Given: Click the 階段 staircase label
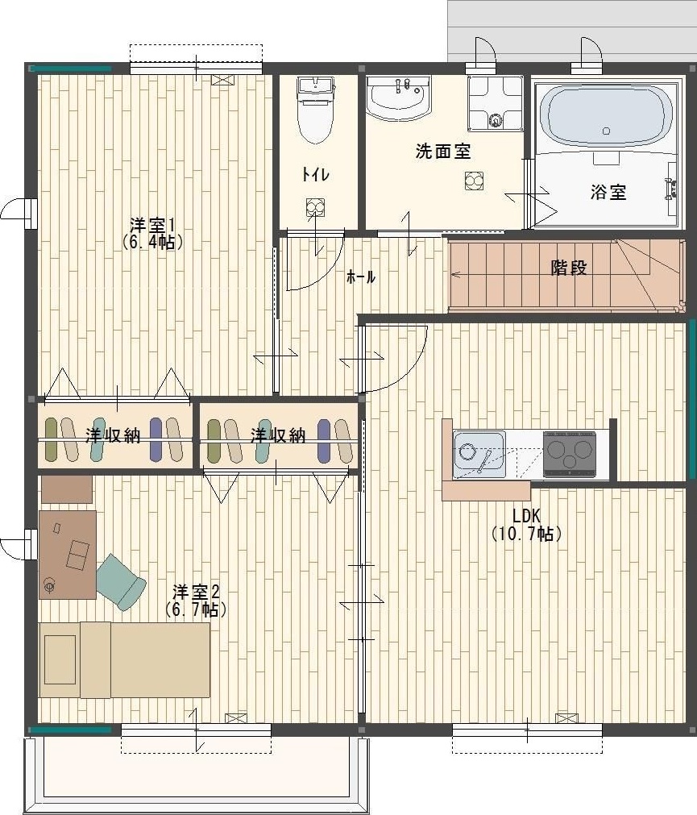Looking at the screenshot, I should tap(569, 268).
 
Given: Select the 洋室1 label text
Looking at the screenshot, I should tap(153, 223).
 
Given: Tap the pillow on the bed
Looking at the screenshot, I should tap(60, 659).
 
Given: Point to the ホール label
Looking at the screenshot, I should tap(360, 277).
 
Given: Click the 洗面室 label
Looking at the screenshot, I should tap(443, 151).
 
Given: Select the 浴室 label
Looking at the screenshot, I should tap(608, 192).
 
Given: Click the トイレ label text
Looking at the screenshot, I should tap(315, 174).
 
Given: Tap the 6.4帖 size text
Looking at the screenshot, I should tap(153, 241).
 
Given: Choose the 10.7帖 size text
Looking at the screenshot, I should tap(526, 534).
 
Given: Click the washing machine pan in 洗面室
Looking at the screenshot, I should tap(495, 102).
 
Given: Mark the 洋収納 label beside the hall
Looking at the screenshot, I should tap(277, 435).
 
